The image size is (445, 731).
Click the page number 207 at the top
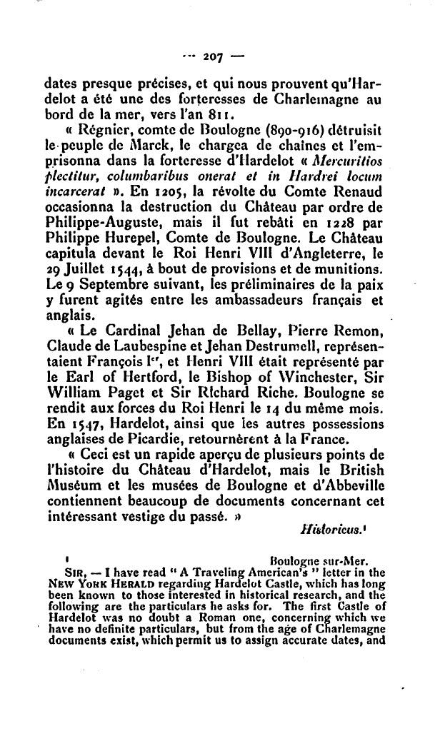[x=211, y=54]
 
